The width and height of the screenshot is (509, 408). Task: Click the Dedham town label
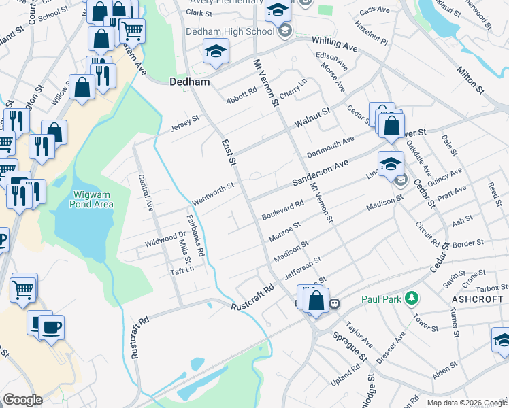(187, 80)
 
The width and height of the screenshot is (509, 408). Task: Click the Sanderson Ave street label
(320, 173)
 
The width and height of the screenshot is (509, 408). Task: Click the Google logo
(22, 400)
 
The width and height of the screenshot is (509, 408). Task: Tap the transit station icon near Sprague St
(334, 303)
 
